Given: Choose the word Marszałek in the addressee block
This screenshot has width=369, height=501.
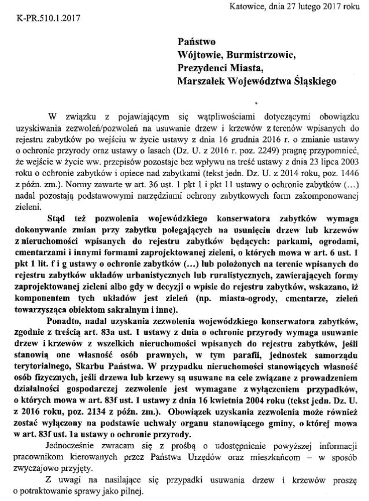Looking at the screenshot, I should (203, 82).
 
